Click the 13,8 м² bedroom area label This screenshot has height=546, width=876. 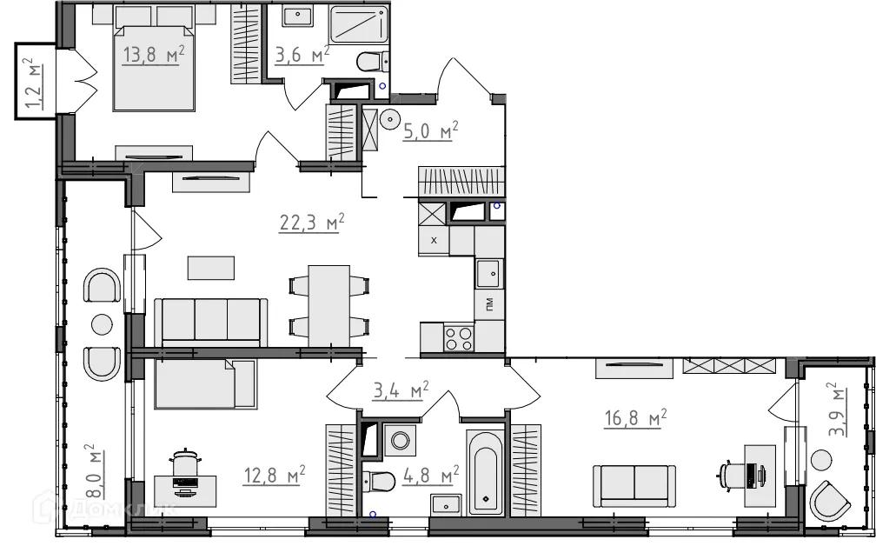pos(154,56)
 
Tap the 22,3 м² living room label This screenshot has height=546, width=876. pos(312,223)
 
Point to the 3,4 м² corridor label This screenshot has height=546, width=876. pos(401,390)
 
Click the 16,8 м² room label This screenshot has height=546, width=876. pos(636,417)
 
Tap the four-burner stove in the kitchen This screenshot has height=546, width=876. pos(459,337)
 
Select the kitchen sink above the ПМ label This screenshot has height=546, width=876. pos(488,274)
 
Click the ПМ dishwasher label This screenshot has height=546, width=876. pos(489,304)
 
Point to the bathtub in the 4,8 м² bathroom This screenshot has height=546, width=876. pos(485,472)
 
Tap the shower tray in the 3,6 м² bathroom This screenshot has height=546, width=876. pos(359,24)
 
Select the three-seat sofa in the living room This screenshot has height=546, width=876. pos(210,323)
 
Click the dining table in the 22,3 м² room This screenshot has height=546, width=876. pos(329,306)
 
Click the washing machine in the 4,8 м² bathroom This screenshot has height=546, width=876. pos(400,440)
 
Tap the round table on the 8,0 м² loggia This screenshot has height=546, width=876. pos(102,324)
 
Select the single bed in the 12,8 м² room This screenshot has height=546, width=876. pos(206,384)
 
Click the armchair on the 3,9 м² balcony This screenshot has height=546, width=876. pos(830,501)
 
